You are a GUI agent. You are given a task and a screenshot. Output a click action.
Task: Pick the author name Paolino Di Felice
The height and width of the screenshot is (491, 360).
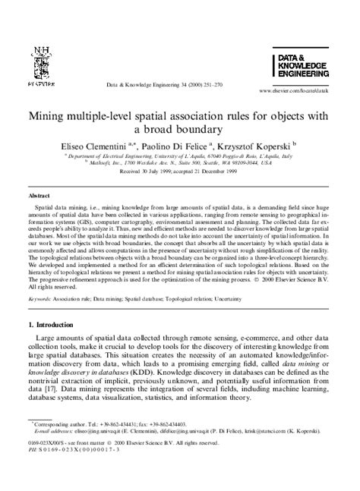click(185, 143)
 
